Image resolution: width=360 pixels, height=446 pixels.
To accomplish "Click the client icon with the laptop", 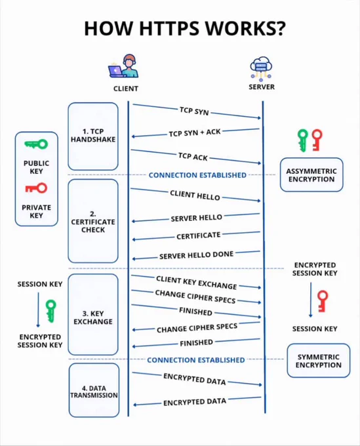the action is pos(123,66).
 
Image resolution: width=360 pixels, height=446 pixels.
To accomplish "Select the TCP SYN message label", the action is pos(194,111).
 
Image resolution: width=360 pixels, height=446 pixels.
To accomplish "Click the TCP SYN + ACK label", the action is pos(195,133).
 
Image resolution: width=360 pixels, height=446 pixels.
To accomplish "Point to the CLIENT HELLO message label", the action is pos(195,195).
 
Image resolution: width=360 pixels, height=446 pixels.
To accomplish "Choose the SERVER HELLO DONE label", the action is pos(197,255).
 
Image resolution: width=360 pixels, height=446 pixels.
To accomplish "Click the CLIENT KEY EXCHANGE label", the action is pos(197,283).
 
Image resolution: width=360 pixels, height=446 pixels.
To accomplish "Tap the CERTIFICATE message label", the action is pos(199,236).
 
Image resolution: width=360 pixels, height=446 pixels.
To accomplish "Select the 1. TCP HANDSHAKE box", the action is pos(93,136).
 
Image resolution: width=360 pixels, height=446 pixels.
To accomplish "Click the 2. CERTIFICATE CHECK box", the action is pos(93,221).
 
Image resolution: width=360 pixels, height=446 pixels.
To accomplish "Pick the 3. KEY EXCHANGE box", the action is pos(93,314).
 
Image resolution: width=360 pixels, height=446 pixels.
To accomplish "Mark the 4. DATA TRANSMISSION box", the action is pos(94,390).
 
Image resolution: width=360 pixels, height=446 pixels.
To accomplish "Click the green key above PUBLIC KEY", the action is pos(36,144).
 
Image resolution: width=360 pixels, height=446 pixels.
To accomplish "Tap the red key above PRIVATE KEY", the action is pos(36,188).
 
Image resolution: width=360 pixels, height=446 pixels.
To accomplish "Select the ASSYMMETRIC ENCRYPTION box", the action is pos(311,175).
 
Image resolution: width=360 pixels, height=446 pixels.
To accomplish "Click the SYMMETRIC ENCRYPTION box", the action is pos(319,361).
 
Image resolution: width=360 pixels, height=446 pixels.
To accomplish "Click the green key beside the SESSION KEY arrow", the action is pos(51,311).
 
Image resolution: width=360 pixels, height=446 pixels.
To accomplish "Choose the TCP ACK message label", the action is pos(193,157).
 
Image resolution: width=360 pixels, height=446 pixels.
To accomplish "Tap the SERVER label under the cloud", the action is pos(262,87).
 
